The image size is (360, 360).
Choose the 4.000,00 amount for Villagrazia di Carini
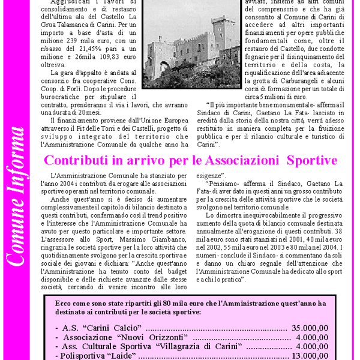(312, 346)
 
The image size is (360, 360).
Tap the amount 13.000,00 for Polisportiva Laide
(310, 356)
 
